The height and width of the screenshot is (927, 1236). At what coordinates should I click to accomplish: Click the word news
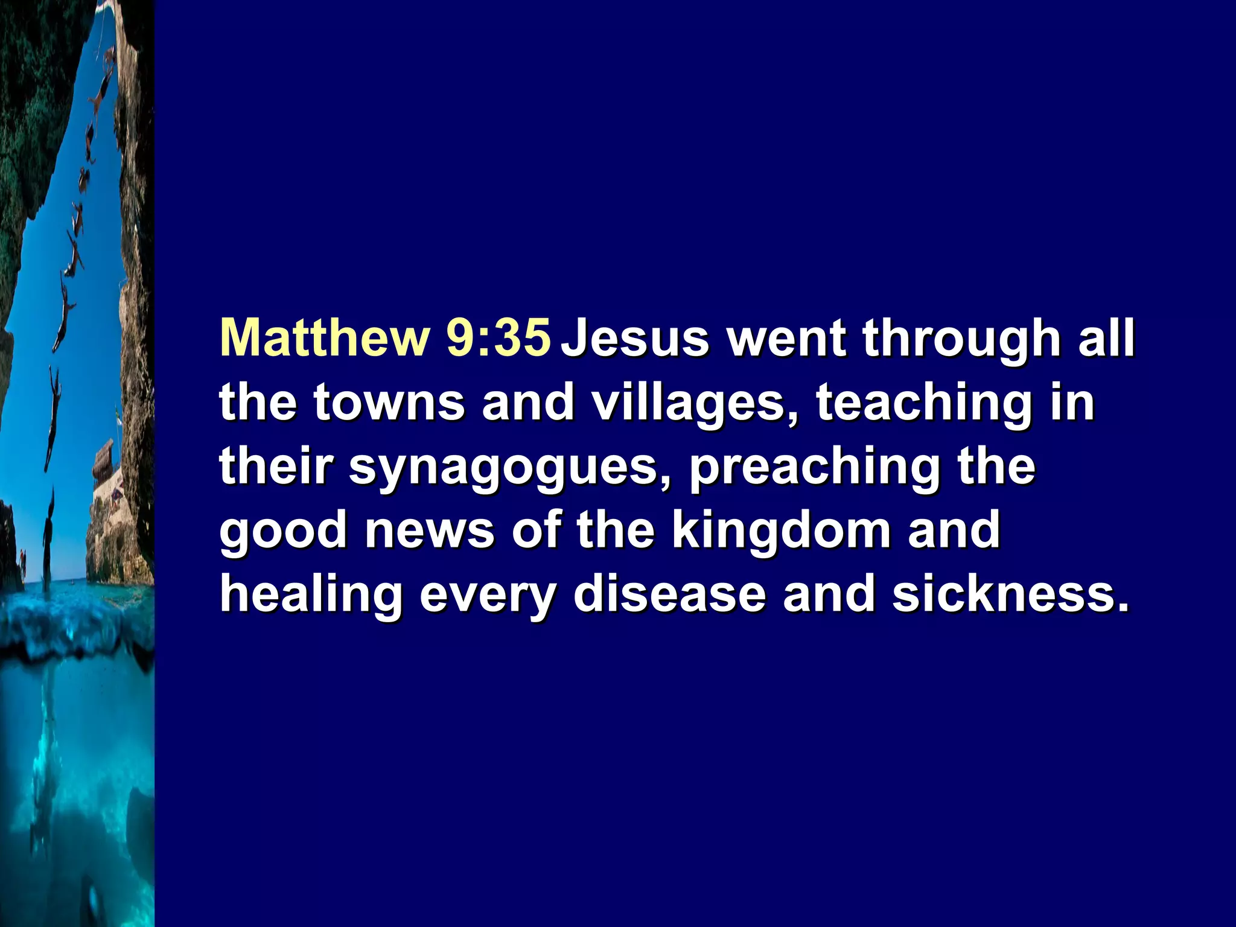(x=429, y=531)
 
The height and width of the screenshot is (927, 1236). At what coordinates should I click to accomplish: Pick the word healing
(x=311, y=596)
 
